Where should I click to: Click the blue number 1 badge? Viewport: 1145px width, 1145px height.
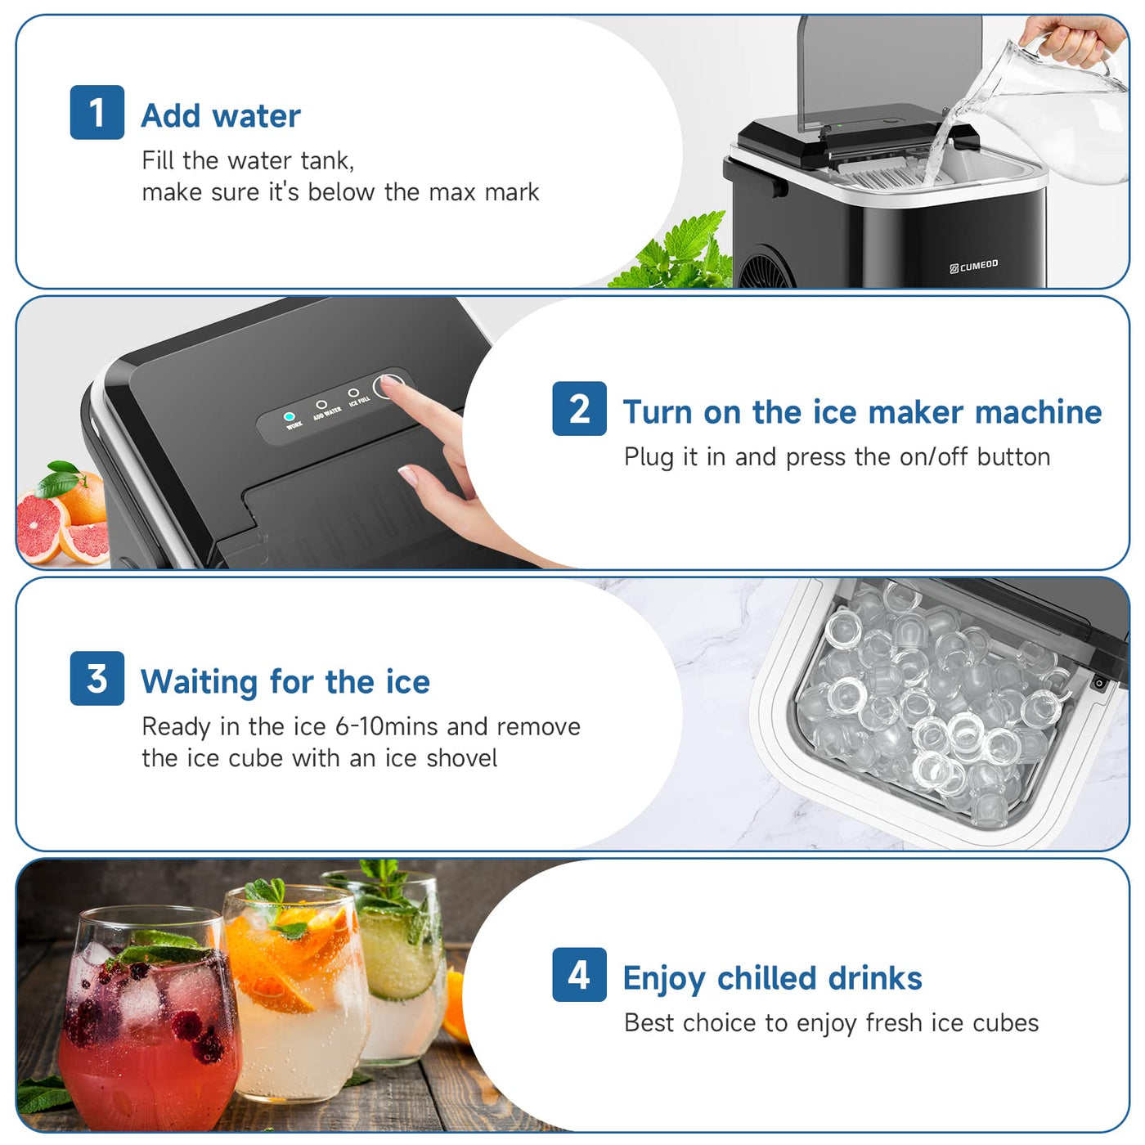[97, 112]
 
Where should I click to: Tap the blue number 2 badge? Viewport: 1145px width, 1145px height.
[579, 408]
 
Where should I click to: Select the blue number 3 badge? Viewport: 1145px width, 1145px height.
[97, 678]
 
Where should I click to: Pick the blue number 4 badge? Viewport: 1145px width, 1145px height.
[579, 974]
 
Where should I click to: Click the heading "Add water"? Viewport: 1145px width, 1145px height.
[221, 116]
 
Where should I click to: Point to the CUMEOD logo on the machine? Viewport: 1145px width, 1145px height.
[974, 266]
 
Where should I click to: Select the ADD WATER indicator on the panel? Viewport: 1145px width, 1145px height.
[321, 405]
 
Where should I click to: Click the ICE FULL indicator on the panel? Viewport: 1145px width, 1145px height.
[353, 393]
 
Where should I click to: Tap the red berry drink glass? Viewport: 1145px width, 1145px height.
[147, 1030]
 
